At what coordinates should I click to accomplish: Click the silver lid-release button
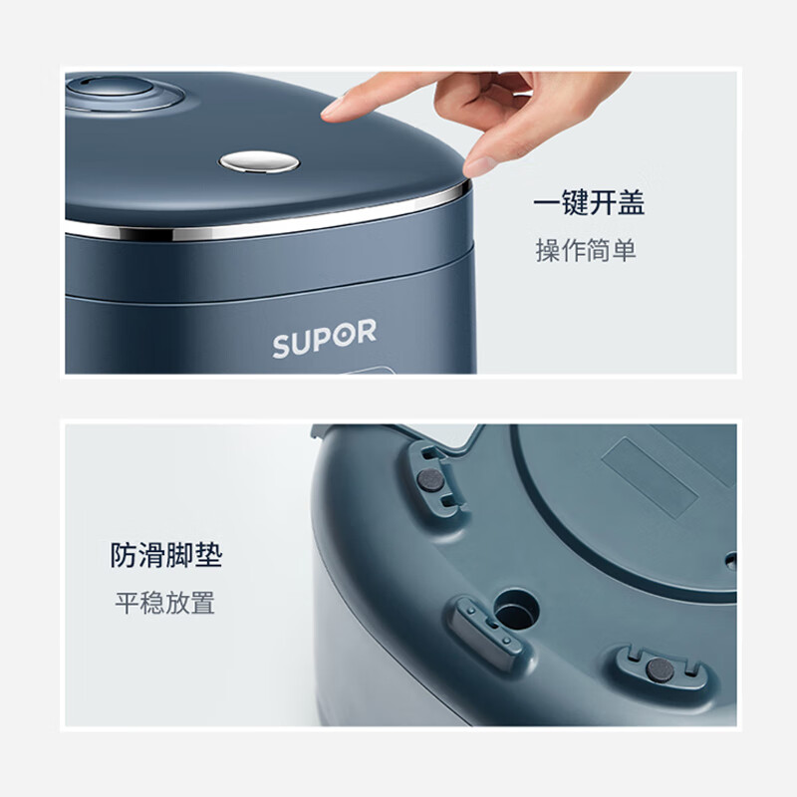click(x=258, y=160)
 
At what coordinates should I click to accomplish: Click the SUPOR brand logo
click(x=325, y=339)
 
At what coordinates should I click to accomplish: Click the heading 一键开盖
click(x=588, y=203)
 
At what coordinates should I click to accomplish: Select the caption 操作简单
click(x=586, y=250)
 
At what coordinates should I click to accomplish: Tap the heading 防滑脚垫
click(x=166, y=555)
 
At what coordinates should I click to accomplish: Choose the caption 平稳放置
click(x=164, y=603)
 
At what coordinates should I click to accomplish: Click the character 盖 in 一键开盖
click(x=631, y=203)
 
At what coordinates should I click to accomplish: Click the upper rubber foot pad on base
click(x=431, y=479)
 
